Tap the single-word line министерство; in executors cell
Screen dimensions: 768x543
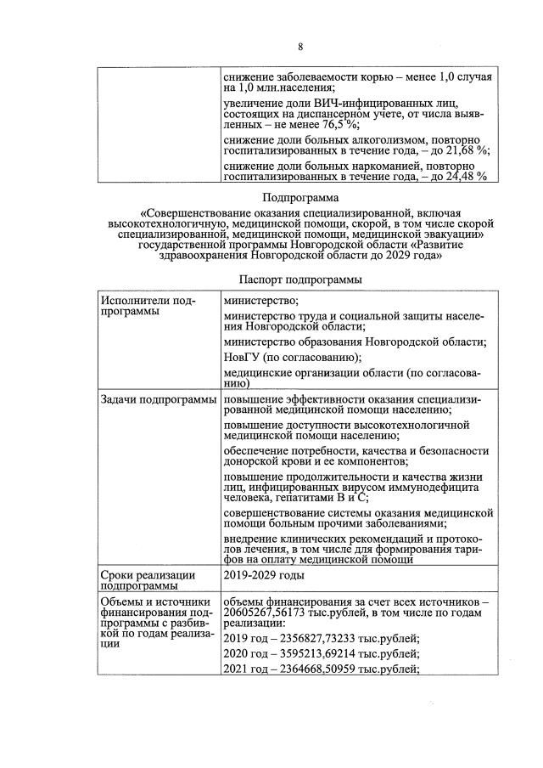coord(260,301)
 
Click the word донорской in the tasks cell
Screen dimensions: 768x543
coord(255,461)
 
